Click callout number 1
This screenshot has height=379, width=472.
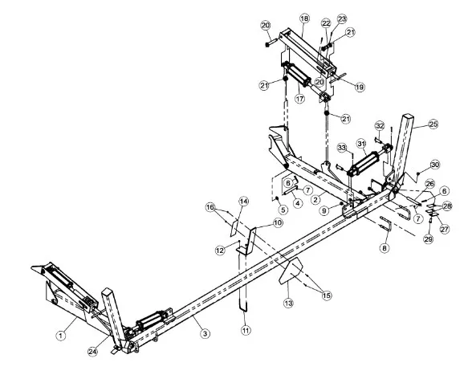[61, 335]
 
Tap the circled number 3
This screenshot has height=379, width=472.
[205, 333]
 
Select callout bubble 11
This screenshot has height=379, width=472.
[246, 330]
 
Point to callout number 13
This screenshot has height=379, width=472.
[288, 304]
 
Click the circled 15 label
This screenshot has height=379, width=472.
[327, 295]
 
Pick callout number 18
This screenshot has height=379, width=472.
[304, 18]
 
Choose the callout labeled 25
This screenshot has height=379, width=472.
[433, 124]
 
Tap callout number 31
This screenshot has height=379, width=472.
[361, 144]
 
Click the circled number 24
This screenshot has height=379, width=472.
[93, 352]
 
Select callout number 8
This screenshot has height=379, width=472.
[385, 248]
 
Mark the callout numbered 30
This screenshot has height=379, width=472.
[435, 165]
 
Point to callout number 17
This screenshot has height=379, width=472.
[300, 99]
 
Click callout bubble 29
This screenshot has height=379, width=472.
[429, 239]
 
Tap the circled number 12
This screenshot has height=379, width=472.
[220, 250]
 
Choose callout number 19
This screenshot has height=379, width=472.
[360, 88]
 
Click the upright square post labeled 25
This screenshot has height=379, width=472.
[402, 148]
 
